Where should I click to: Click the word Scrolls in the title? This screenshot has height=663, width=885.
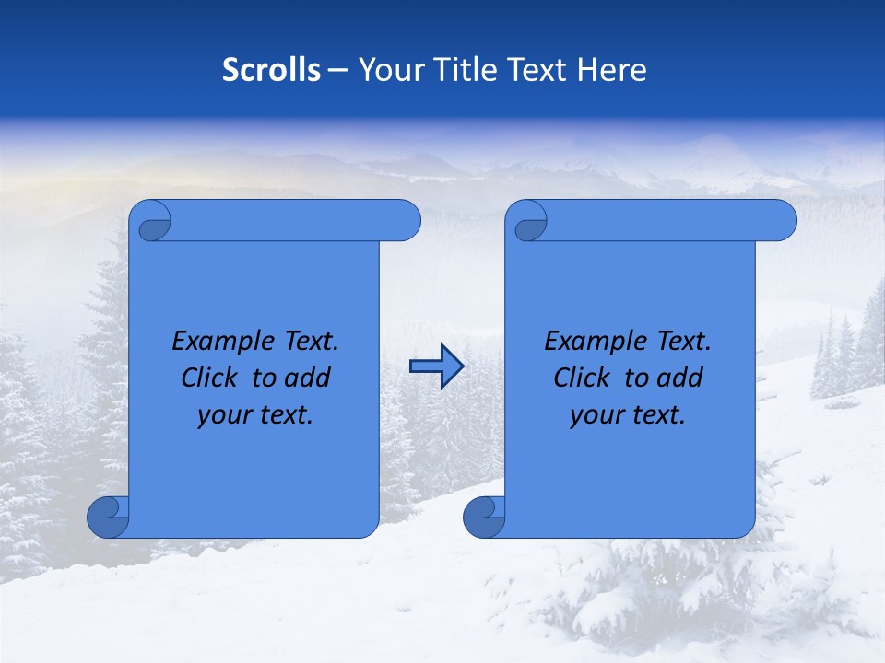pyautogui.click(x=271, y=70)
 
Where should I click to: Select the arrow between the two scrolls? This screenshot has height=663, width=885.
pyautogui.click(x=436, y=366)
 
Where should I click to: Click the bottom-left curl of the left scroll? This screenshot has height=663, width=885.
pyautogui.click(x=109, y=518)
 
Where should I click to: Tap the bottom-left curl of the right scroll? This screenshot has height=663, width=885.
pyautogui.click(x=485, y=518)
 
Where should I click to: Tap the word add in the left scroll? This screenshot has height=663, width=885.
pyautogui.click(x=307, y=378)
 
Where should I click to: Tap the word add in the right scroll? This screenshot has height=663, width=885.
pyautogui.click(x=679, y=378)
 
